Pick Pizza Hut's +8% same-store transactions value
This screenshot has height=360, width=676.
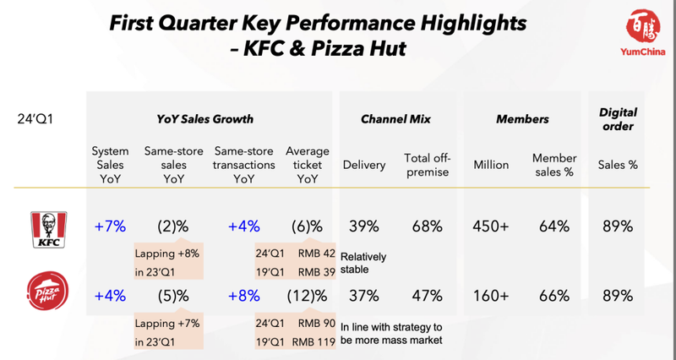pos(243,296)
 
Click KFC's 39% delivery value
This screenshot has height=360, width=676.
pos(363,226)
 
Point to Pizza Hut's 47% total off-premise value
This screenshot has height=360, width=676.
pos(424,296)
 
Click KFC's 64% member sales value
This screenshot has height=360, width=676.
pos(553,226)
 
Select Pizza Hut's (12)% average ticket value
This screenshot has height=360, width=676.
pos(306,296)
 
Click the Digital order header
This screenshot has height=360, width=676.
pos(617,119)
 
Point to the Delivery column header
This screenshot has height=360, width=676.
pos(363,165)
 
